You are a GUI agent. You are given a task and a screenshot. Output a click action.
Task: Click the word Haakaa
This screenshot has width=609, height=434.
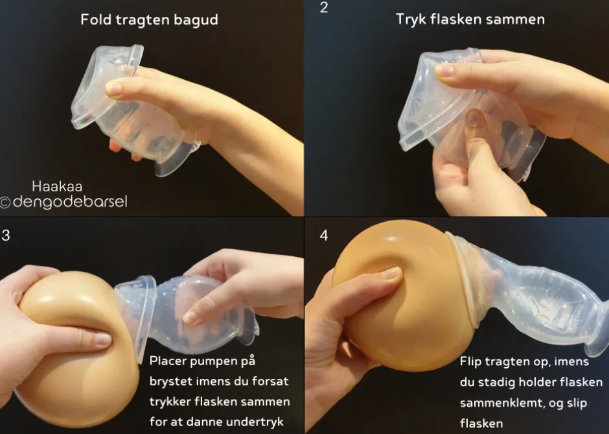click(57, 186)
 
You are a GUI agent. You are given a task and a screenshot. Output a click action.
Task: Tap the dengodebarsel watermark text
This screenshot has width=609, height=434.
click(70, 202)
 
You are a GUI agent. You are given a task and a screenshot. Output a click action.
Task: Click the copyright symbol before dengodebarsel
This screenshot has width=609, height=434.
click(5, 202)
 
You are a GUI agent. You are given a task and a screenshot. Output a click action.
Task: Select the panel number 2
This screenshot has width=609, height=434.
click(324, 7)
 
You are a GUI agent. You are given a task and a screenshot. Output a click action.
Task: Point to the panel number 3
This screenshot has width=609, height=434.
click(6, 235)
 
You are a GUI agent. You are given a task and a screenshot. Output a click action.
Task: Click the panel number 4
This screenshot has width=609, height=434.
click(324, 235)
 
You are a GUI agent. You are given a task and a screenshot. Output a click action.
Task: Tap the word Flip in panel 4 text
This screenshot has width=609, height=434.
click(470, 361)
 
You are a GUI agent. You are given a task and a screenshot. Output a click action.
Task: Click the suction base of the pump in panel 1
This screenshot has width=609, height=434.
click(177, 158)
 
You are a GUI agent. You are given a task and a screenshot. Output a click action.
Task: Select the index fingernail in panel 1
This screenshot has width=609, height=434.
click(113, 89)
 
